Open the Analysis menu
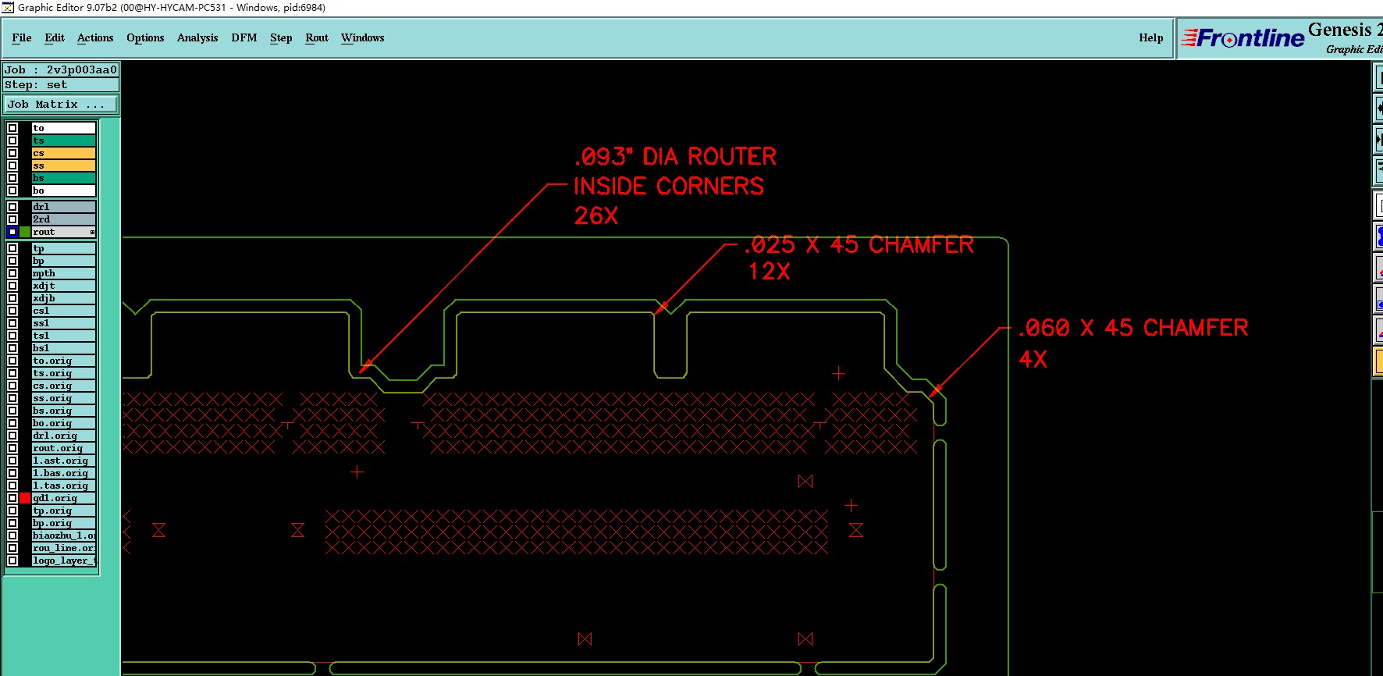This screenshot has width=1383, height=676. click(197, 37)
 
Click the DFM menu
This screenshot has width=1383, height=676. click(244, 37)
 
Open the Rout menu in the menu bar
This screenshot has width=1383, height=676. click(316, 37)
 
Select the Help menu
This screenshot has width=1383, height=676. click(1150, 37)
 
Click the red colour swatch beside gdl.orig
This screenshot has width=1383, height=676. click(25, 498)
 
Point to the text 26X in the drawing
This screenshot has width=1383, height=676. click(596, 216)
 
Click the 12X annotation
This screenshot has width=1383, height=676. click(769, 272)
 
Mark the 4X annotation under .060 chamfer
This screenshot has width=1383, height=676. click(1033, 360)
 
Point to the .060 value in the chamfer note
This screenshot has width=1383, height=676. click(1044, 328)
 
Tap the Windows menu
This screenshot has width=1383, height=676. click(362, 37)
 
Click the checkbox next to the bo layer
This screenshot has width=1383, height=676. click(12, 190)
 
